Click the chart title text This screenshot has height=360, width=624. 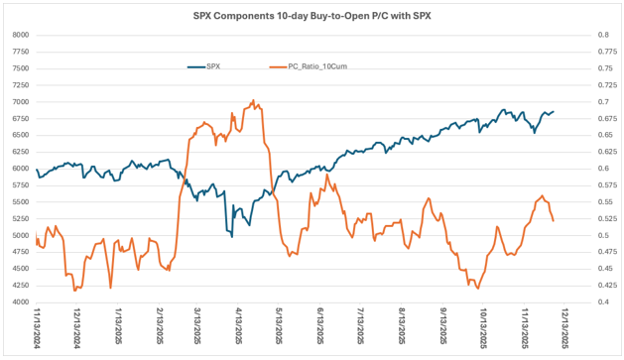pos(312,16)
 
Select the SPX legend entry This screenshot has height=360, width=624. pos(204,66)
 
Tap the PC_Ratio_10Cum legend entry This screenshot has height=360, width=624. pos(309,66)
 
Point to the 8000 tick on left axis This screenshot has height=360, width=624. pos(21,35)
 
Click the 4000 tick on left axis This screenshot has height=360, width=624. pos(21,301)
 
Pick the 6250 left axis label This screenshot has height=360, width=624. pos(21,152)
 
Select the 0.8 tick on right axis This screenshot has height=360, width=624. pos(603,35)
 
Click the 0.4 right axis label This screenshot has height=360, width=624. pos(603,301)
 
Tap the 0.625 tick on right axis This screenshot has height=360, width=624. pos(607,152)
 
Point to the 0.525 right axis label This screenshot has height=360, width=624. pos(607,218)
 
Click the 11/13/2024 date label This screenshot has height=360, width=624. pos(37,327)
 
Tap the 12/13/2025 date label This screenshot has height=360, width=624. pos(564,327)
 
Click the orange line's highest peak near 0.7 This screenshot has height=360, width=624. pos(254,100)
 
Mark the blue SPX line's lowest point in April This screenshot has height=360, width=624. pos(232,237)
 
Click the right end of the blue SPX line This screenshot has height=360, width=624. pos(554,111)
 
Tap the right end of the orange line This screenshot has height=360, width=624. pos(554,221)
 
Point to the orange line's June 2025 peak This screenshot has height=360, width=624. pos(326,175)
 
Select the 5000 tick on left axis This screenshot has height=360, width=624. pos(21,235)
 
